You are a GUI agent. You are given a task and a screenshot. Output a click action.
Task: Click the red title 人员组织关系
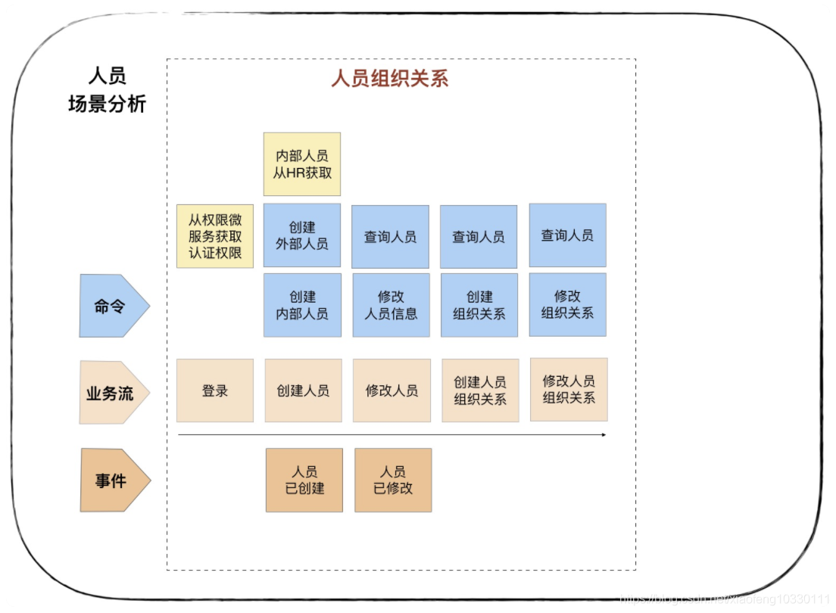tap(390, 79)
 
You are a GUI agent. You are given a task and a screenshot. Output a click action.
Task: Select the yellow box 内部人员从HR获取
tap(302, 164)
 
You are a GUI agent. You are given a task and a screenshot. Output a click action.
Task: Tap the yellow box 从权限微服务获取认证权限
tap(215, 236)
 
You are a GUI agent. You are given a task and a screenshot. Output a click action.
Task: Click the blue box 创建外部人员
tap(302, 235)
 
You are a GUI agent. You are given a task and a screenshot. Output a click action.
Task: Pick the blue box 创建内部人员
tap(302, 305)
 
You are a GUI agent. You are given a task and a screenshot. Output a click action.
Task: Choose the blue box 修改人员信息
tap(391, 305)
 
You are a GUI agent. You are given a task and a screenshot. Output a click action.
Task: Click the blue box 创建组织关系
tap(479, 305)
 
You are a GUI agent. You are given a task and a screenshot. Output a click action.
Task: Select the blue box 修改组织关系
tap(568, 304)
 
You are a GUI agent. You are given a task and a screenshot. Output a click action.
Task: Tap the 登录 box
tap(215, 391)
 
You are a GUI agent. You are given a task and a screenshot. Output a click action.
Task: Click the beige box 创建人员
tap(304, 391)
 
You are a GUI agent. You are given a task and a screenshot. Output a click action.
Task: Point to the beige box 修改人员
tap(392, 391)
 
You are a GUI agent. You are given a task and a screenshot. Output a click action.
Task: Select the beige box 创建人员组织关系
tap(480, 391)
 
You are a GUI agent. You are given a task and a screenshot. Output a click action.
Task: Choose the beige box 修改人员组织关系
tap(569, 390)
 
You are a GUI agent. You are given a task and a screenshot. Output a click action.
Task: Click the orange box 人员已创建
tap(304, 481)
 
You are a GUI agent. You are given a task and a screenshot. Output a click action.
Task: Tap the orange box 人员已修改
tap(394, 481)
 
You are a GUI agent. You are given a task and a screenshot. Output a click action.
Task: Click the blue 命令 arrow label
tap(114, 306)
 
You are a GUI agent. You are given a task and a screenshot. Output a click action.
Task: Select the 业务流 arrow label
tap(114, 393)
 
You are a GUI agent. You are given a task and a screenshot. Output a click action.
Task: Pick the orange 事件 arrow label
tap(115, 481)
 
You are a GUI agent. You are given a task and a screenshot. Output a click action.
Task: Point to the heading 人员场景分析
tap(108, 89)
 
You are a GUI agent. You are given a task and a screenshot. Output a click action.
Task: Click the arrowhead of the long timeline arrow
tap(604, 435)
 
